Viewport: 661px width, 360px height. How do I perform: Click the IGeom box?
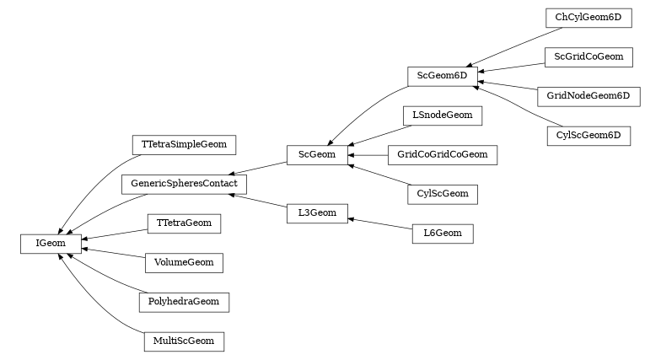pyautogui.click(x=51, y=243)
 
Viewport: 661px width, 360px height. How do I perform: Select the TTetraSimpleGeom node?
pyautogui.click(x=184, y=144)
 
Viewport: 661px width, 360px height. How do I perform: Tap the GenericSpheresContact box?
pyautogui.click(x=184, y=183)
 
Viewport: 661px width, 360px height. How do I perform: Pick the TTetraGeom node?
pyautogui.click(x=184, y=223)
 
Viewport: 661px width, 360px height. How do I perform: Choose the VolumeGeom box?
pyautogui.click(x=184, y=262)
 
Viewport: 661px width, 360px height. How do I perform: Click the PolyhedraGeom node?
pyautogui.click(x=184, y=301)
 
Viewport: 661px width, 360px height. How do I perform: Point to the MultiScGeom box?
pyautogui.click(x=184, y=341)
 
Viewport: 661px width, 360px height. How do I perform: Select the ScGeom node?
pyautogui.click(x=317, y=154)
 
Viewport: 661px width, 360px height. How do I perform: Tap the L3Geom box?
pyautogui.click(x=317, y=212)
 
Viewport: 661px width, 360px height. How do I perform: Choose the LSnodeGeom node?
pyautogui.click(x=442, y=115)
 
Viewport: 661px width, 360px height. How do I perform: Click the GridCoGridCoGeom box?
pyautogui.click(x=442, y=154)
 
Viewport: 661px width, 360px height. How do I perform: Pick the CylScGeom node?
pyautogui.click(x=442, y=194)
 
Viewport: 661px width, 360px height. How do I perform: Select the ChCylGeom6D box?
pyautogui.click(x=588, y=17)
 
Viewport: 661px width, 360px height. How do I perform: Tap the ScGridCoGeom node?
pyautogui.click(x=588, y=56)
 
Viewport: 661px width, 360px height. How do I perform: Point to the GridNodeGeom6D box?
pyautogui.click(x=588, y=95)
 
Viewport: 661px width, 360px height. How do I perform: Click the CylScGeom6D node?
pyautogui.click(x=588, y=135)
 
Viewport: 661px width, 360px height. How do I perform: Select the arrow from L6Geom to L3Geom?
pyautogui.click(x=379, y=223)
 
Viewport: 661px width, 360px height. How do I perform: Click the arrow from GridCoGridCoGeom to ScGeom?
pyautogui.click(x=368, y=155)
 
